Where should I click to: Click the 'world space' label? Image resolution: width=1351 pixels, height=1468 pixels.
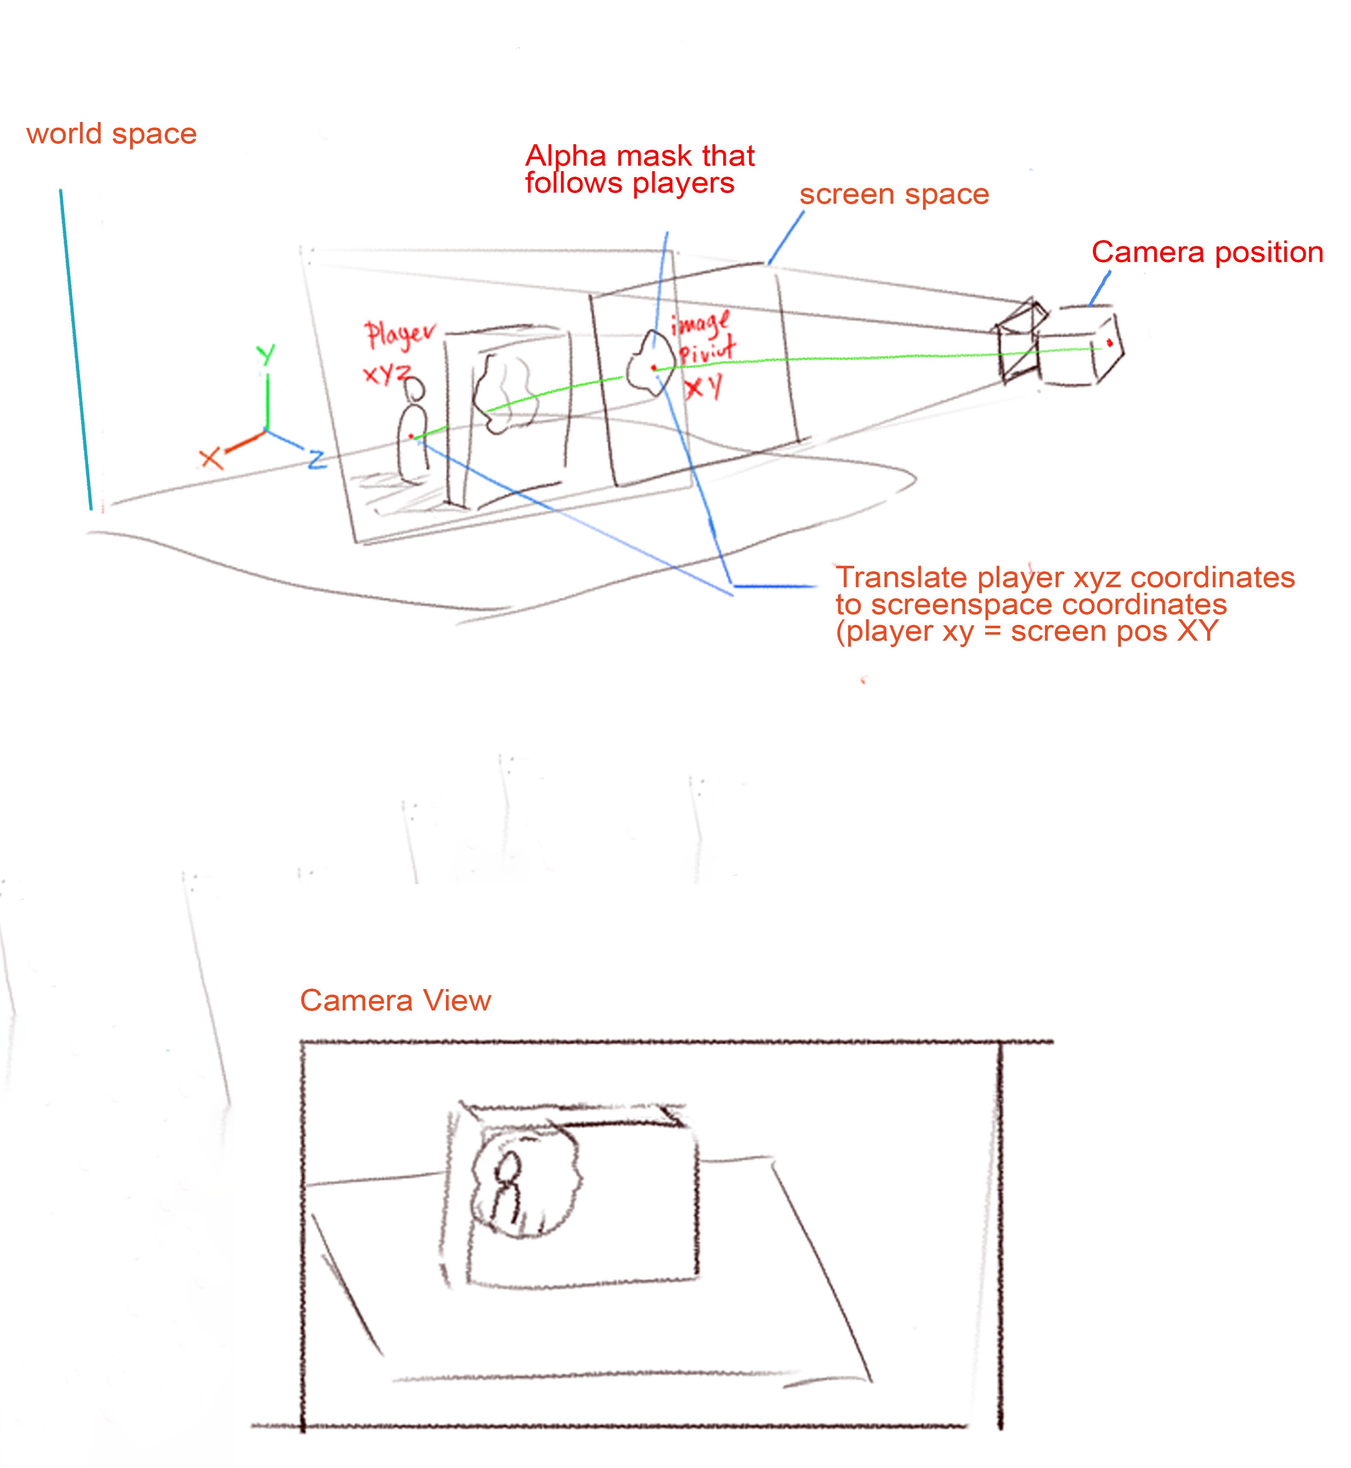(111, 134)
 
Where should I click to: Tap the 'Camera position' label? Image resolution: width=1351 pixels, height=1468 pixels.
(1207, 252)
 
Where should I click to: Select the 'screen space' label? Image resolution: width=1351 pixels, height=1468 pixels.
(894, 194)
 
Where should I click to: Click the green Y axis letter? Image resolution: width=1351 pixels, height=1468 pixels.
(266, 354)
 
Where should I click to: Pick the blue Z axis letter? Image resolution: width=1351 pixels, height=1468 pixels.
(317, 459)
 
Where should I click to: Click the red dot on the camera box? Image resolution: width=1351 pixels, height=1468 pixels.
(1109, 343)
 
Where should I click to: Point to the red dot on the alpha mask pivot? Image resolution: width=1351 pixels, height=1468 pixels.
(653, 368)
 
